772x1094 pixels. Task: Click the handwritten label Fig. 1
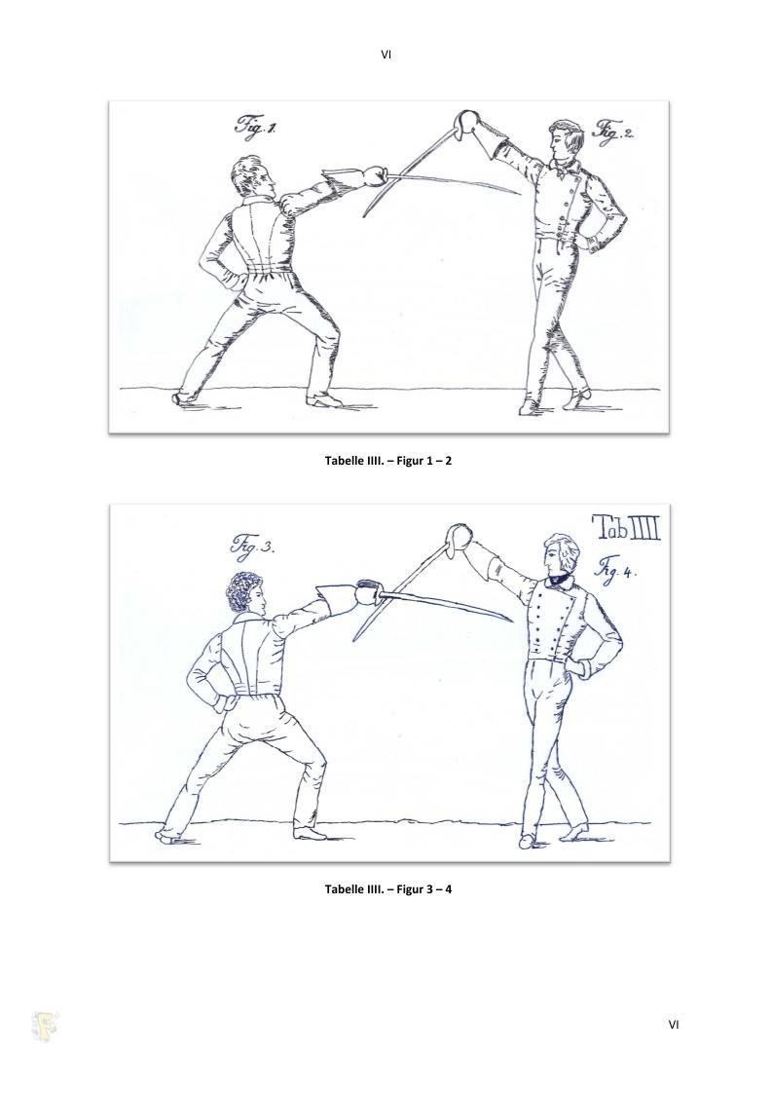click(255, 127)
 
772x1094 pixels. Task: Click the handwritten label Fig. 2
click(613, 131)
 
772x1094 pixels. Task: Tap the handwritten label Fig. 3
click(251, 545)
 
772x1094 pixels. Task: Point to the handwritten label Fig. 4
click(615, 570)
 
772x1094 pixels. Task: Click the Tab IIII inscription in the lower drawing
click(626, 529)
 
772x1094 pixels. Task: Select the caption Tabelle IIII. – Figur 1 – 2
click(388, 461)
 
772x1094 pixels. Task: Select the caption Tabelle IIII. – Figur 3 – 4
click(388, 888)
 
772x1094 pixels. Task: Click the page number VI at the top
click(386, 54)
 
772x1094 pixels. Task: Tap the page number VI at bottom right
click(673, 1024)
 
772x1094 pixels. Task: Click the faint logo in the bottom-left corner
click(46, 1027)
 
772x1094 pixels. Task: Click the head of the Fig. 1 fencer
click(254, 177)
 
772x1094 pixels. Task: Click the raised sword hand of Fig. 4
click(459, 537)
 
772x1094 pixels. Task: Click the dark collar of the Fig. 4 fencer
click(558, 577)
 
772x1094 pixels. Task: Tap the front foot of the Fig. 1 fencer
click(325, 399)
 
